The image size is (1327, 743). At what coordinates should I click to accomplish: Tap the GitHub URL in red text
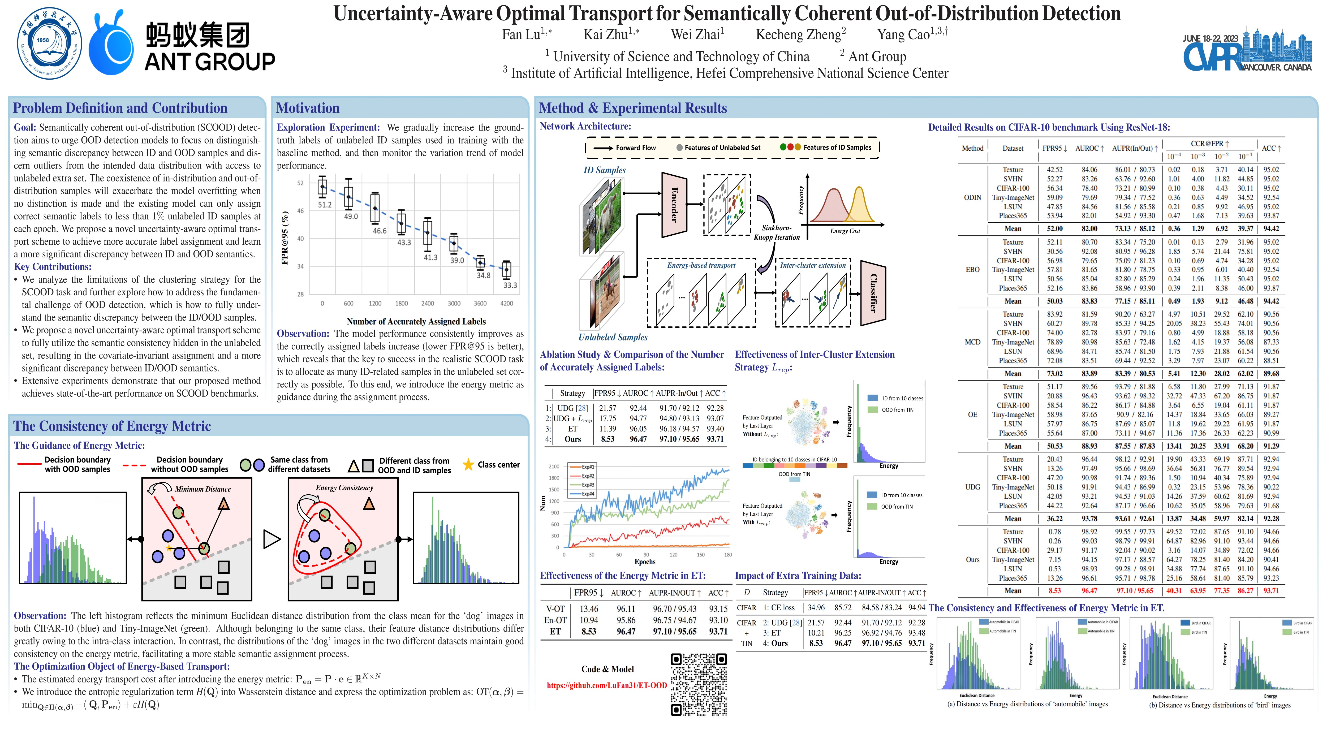coord(607,685)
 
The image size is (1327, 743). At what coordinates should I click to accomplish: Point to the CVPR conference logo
coord(1247,51)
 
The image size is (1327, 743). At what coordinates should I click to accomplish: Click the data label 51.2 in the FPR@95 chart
coord(325,205)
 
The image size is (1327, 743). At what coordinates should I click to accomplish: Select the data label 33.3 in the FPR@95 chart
coord(510,285)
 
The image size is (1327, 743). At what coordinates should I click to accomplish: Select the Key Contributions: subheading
coord(53,267)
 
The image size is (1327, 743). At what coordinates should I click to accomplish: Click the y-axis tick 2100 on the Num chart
coord(554,466)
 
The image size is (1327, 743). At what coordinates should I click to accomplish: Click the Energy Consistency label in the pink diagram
coord(344,488)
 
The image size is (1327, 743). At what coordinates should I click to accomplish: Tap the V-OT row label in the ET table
coord(555,609)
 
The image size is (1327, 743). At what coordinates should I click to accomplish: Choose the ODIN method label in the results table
coord(972,198)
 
